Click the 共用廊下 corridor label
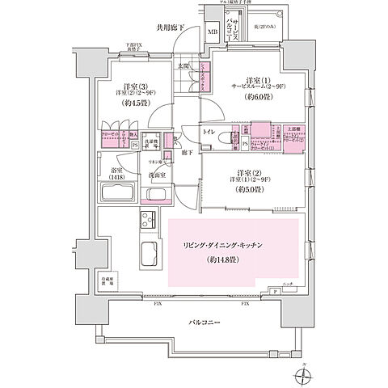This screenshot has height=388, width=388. point(171,28)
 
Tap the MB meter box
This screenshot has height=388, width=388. point(212,32)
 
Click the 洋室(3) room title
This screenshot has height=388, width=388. point(134,86)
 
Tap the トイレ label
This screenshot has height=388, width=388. point(209,130)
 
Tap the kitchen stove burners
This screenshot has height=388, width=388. point(150,220)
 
